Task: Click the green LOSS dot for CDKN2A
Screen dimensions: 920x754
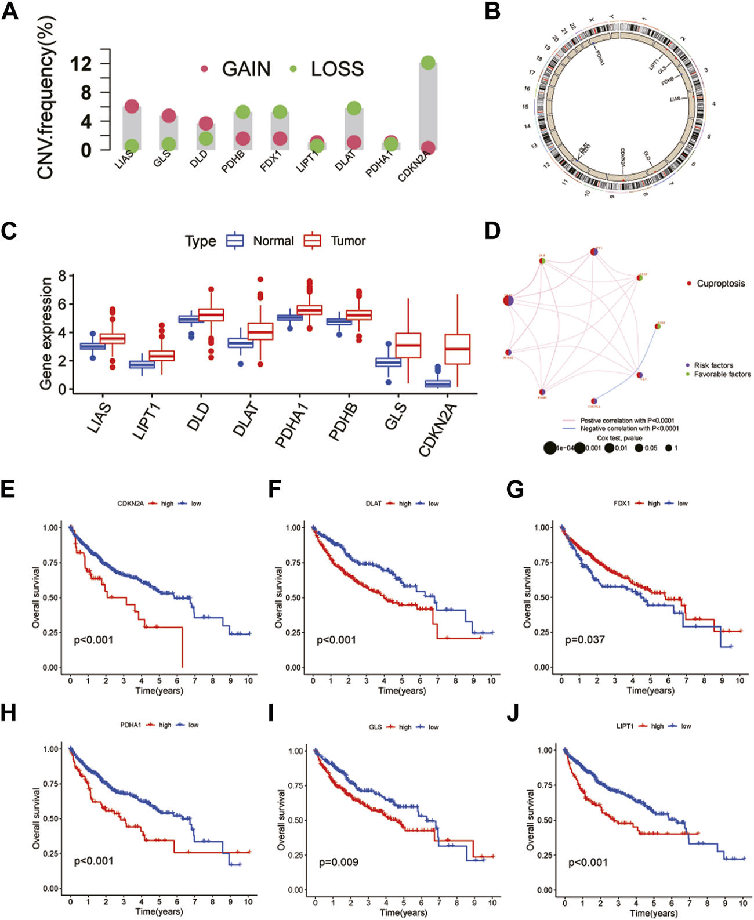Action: click(428, 63)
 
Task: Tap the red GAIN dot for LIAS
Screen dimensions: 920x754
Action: click(132, 106)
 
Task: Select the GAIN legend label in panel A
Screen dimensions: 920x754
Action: click(246, 69)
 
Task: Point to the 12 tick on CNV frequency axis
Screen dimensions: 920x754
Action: click(81, 63)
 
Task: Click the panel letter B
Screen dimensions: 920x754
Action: click(492, 12)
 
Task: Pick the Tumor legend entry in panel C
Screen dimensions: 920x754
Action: click(348, 241)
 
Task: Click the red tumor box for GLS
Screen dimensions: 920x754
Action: click(408, 345)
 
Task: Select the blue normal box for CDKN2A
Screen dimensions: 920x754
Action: click(437, 383)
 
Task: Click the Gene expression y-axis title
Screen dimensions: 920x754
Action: click(46, 333)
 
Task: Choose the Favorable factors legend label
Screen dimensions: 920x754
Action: click(722, 374)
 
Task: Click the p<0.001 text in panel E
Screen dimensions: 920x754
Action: click(93, 640)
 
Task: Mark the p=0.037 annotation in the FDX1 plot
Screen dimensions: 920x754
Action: click(585, 640)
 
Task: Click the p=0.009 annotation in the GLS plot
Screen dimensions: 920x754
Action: click(339, 863)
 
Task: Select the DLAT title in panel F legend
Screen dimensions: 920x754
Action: click(374, 504)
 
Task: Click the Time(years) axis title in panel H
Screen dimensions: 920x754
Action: click(159, 911)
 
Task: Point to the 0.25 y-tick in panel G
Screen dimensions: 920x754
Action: click(543, 632)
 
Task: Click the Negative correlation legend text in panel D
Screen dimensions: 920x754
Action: click(629, 429)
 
